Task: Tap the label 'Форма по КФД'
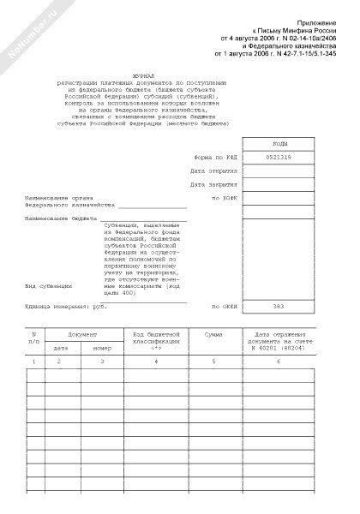click(214, 157)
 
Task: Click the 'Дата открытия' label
click(213, 170)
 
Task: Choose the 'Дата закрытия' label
click(213, 184)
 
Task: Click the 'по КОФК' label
click(222, 198)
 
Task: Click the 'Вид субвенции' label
click(47, 285)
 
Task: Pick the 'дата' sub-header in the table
click(61, 349)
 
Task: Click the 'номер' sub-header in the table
click(102, 349)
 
